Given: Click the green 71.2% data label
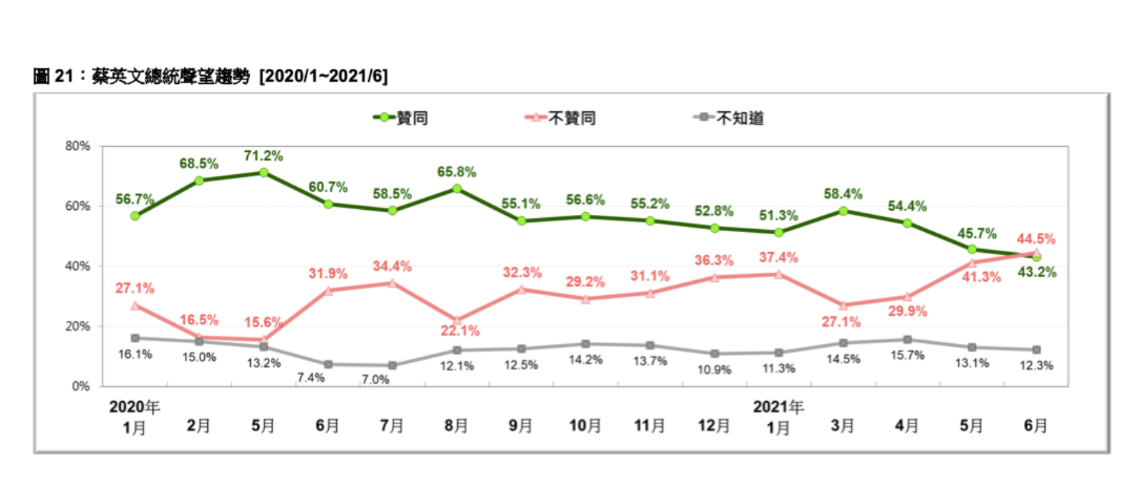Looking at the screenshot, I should tap(263, 156).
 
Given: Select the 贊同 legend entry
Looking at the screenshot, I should tap(404, 118).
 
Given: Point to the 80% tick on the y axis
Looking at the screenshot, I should tap(77, 146).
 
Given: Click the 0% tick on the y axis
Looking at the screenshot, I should tap(81, 386).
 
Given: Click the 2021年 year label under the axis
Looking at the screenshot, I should tap(778, 406).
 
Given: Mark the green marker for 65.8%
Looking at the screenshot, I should tap(457, 188).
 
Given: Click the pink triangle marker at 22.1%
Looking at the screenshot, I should tap(457, 320).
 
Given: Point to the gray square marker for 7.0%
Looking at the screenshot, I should tap(393, 365).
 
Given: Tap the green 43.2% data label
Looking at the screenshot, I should tap(1036, 272).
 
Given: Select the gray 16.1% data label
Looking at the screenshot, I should tap(134, 354).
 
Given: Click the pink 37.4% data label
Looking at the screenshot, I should tap(779, 257).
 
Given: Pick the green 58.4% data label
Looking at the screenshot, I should tap(843, 194).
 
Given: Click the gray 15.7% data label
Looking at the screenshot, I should tap(907, 355).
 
